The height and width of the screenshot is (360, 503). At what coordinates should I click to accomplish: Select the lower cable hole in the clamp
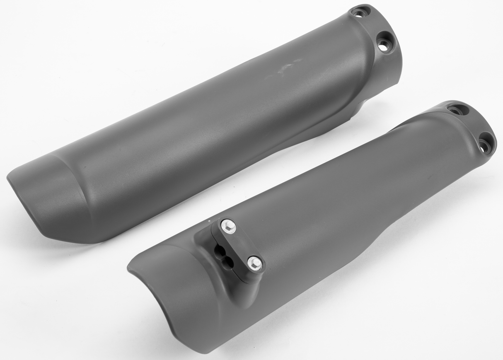click(226, 261)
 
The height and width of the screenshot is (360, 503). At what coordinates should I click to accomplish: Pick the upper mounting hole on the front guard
click(458, 111)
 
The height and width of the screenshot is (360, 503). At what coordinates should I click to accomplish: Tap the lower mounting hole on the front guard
click(484, 144)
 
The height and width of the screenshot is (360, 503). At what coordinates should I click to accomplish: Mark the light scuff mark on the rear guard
click(286, 68)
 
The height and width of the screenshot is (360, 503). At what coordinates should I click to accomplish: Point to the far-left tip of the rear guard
click(8, 177)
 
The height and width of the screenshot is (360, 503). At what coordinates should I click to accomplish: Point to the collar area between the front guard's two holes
click(472, 126)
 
